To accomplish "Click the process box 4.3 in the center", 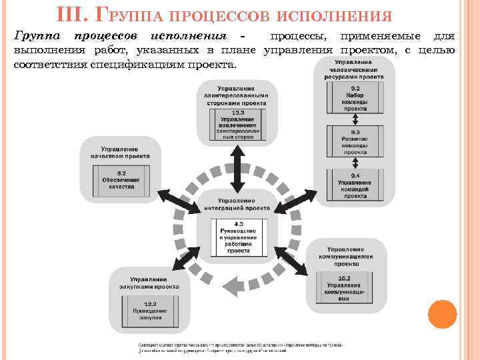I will pyautogui.click(x=238, y=237).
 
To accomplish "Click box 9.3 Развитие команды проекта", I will pyautogui.click(x=355, y=141).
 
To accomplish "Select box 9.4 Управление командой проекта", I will pyautogui.click(x=355, y=184).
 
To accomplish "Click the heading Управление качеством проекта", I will pyautogui.click(x=120, y=152).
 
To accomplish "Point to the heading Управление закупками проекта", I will pyautogui.click(x=149, y=281).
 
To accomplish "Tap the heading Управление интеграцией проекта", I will pyautogui.click(x=237, y=204).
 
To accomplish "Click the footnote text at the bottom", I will pyautogui.click(x=240, y=347).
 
